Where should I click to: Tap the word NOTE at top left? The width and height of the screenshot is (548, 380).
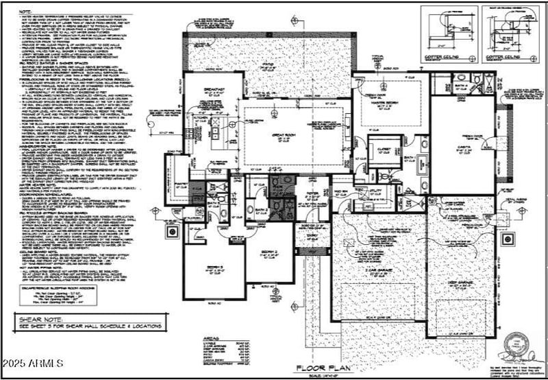25,12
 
